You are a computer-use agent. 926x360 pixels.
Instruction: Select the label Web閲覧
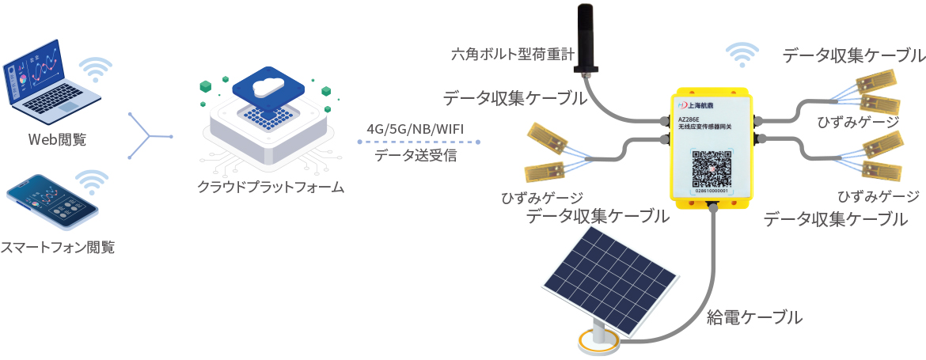[57, 140]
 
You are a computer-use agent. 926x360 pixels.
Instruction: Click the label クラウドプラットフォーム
[271, 188]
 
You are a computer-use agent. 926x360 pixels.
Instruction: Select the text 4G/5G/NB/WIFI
[419, 129]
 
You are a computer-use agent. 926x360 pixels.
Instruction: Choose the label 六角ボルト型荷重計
[510, 56]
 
